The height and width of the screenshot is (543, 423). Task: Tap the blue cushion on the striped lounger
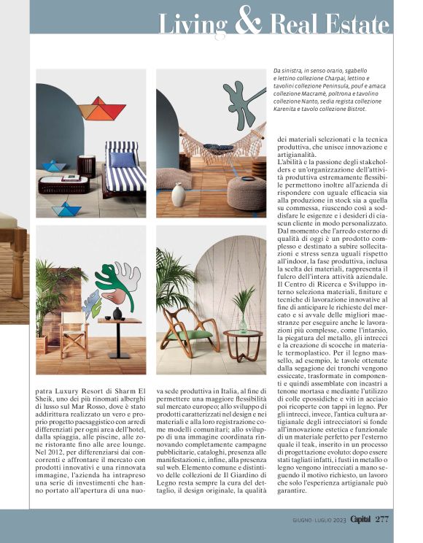tap(123, 160)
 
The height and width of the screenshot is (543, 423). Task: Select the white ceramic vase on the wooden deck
tap(178, 194)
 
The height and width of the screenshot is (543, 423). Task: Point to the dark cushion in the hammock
tap(218, 150)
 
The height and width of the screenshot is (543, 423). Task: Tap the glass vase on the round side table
tap(243, 324)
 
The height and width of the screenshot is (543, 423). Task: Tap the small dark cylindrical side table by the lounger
tap(86, 166)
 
